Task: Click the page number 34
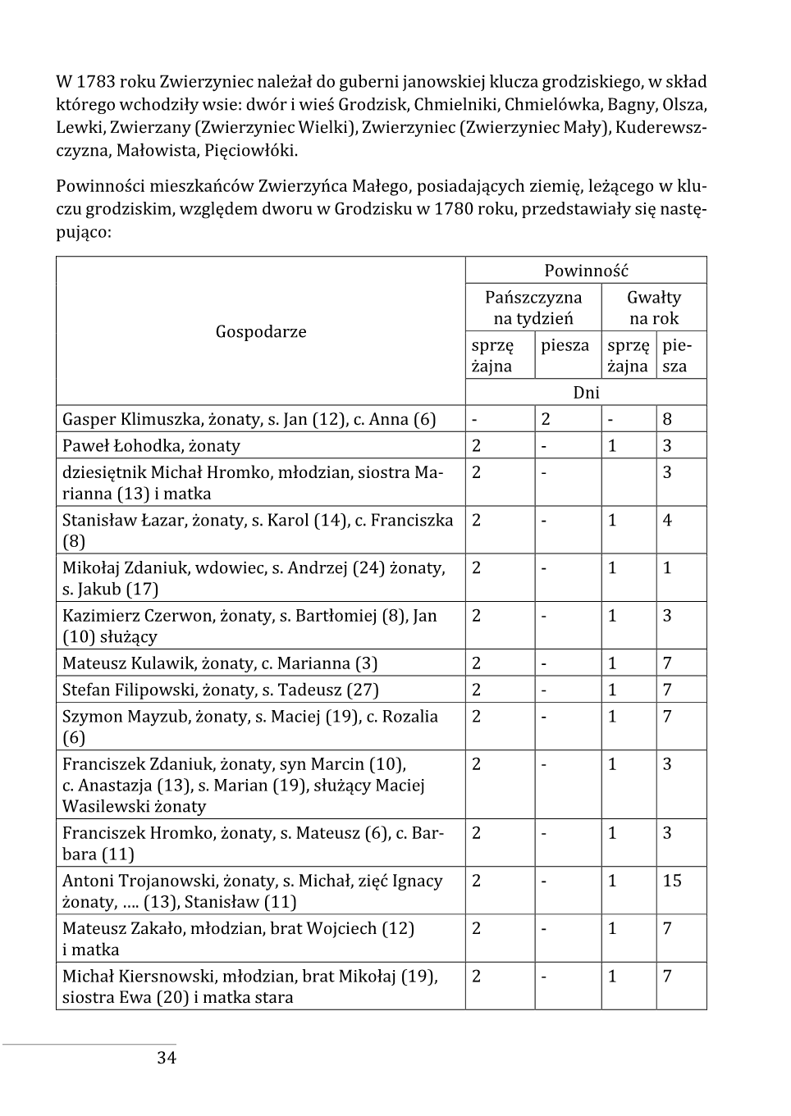click(167, 1058)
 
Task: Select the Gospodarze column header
click(261, 331)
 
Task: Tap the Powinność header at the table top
click(586, 271)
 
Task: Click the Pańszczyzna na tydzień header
click(533, 307)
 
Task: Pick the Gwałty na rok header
click(654, 307)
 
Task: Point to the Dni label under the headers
click(586, 392)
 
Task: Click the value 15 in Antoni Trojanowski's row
click(672, 881)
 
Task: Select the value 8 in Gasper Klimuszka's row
click(667, 419)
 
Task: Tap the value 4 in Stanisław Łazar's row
click(667, 520)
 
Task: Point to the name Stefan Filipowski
click(126, 690)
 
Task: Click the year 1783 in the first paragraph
click(95, 82)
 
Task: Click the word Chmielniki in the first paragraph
click(455, 105)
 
